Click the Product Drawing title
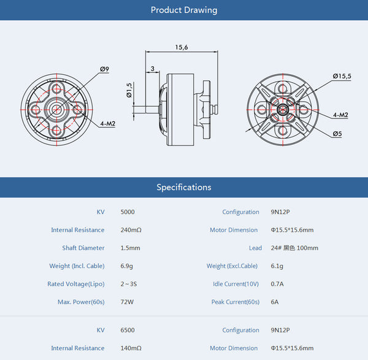click(183, 10)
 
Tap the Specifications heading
click(183, 187)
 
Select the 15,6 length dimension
click(182, 47)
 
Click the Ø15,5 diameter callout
click(342, 75)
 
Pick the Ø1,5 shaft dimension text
click(129, 90)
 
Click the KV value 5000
click(128, 212)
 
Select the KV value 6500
click(128, 330)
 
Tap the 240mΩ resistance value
click(131, 230)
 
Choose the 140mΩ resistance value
click(131, 348)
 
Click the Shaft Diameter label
click(83, 248)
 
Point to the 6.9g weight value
click(128, 266)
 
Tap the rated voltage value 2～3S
click(130, 284)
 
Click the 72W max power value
click(127, 302)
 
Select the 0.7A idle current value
click(278, 284)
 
